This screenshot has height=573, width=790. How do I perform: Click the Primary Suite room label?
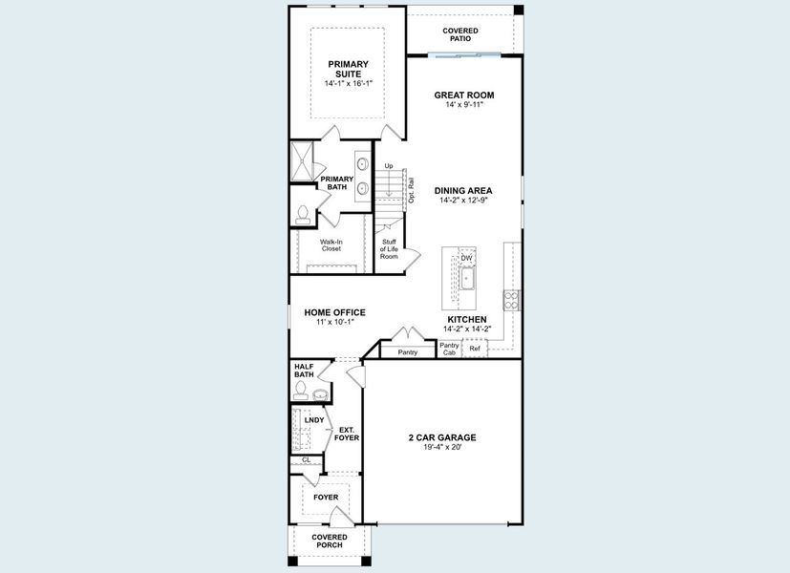click(x=348, y=69)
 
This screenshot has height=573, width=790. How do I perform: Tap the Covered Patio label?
click(x=460, y=35)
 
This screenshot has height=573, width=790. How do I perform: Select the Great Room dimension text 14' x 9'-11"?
click(x=464, y=105)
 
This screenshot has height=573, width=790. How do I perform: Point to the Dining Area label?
click(x=463, y=190)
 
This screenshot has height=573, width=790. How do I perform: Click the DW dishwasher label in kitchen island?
click(x=466, y=258)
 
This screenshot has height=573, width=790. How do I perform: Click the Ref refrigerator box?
click(x=475, y=350)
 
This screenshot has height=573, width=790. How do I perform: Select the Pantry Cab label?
click(x=449, y=349)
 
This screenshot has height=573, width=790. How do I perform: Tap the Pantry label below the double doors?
click(x=408, y=352)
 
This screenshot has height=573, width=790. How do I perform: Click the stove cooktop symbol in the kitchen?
click(x=511, y=300)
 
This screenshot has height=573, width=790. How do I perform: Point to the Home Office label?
click(x=334, y=312)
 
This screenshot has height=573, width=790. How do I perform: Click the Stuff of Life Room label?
click(x=389, y=248)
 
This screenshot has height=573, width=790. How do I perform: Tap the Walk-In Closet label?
click(x=331, y=245)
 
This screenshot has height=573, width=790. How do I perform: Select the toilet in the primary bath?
click(x=303, y=215)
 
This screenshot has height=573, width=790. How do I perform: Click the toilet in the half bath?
click(x=300, y=390)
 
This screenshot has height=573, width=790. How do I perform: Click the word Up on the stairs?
click(x=389, y=166)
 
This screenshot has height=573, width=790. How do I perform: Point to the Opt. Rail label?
click(x=411, y=190)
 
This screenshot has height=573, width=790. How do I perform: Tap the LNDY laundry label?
click(x=313, y=420)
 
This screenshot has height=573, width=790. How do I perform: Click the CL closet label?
click(x=306, y=460)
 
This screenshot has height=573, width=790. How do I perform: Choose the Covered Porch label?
click(x=330, y=541)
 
